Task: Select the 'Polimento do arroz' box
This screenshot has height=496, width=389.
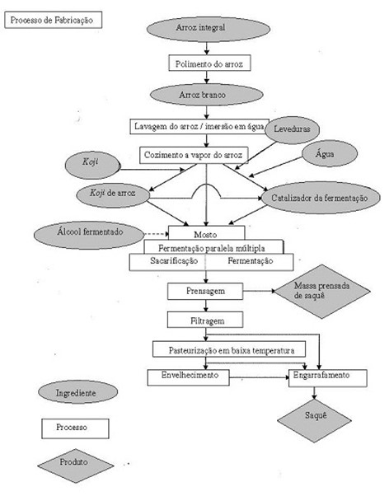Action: click(x=209, y=63)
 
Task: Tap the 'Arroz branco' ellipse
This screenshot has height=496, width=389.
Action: click(x=206, y=94)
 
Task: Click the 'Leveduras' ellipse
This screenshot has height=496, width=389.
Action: click(x=292, y=129)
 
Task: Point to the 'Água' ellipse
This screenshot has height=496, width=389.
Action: click(x=330, y=153)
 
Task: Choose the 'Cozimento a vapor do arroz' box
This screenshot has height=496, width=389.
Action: click(x=194, y=156)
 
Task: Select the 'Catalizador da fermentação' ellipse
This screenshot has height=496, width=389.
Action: click(x=321, y=198)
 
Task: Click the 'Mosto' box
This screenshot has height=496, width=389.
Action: click(x=206, y=233)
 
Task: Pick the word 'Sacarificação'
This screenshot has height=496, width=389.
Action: click(x=174, y=260)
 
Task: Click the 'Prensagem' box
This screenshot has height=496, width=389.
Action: click(x=205, y=291)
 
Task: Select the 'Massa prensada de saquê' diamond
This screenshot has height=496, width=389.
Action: click(x=322, y=291)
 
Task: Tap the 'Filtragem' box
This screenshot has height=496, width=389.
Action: click(x=205, y=320)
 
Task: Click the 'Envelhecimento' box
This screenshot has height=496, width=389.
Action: click(x=189, y=377)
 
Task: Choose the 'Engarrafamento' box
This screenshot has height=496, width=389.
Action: click(x=328, y=378)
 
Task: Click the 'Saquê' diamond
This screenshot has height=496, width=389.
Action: click(x=314, y=420)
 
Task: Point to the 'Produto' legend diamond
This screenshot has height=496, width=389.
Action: click(x=75, y=466)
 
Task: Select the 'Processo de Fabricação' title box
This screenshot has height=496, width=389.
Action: click(x=54, y=20)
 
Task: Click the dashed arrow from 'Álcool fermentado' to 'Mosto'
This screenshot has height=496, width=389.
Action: click(x=157, y=234)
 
